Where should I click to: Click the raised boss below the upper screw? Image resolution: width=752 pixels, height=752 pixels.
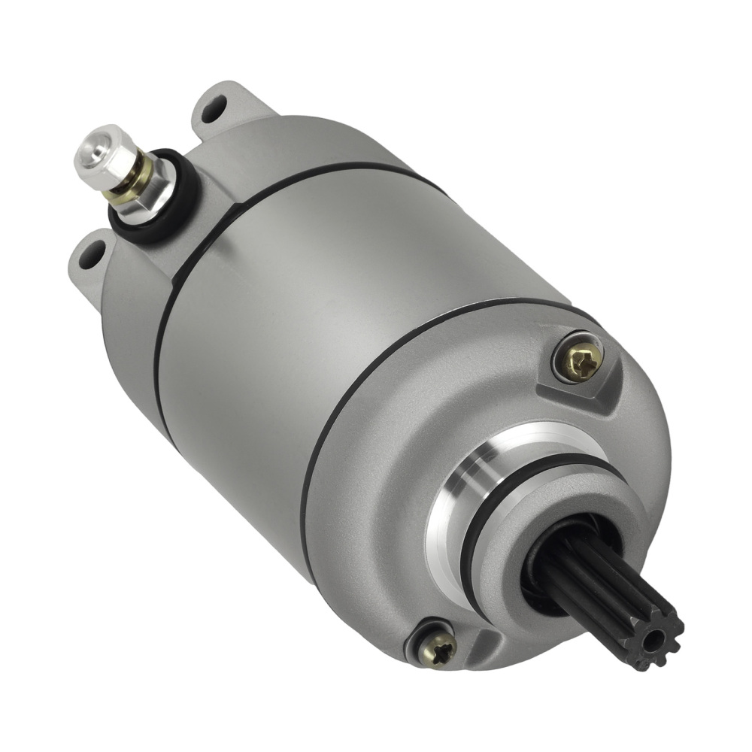tap(575, 395)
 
